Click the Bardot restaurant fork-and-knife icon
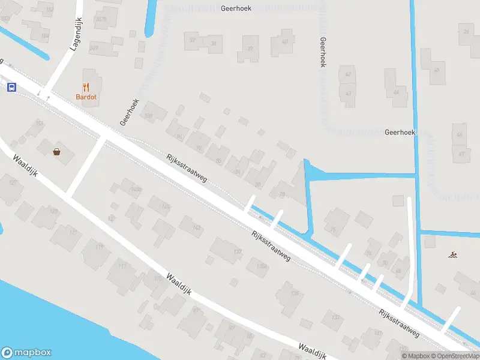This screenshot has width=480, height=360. (86, 87)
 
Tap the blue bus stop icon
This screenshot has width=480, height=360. (11, 88)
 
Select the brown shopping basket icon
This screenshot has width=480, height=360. (57, 152)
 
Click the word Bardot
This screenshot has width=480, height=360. (86, 97)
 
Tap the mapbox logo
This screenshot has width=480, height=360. (26, 353)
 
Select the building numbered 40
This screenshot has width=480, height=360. (283, 43)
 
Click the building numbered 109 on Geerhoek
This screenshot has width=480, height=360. (150, 115)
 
